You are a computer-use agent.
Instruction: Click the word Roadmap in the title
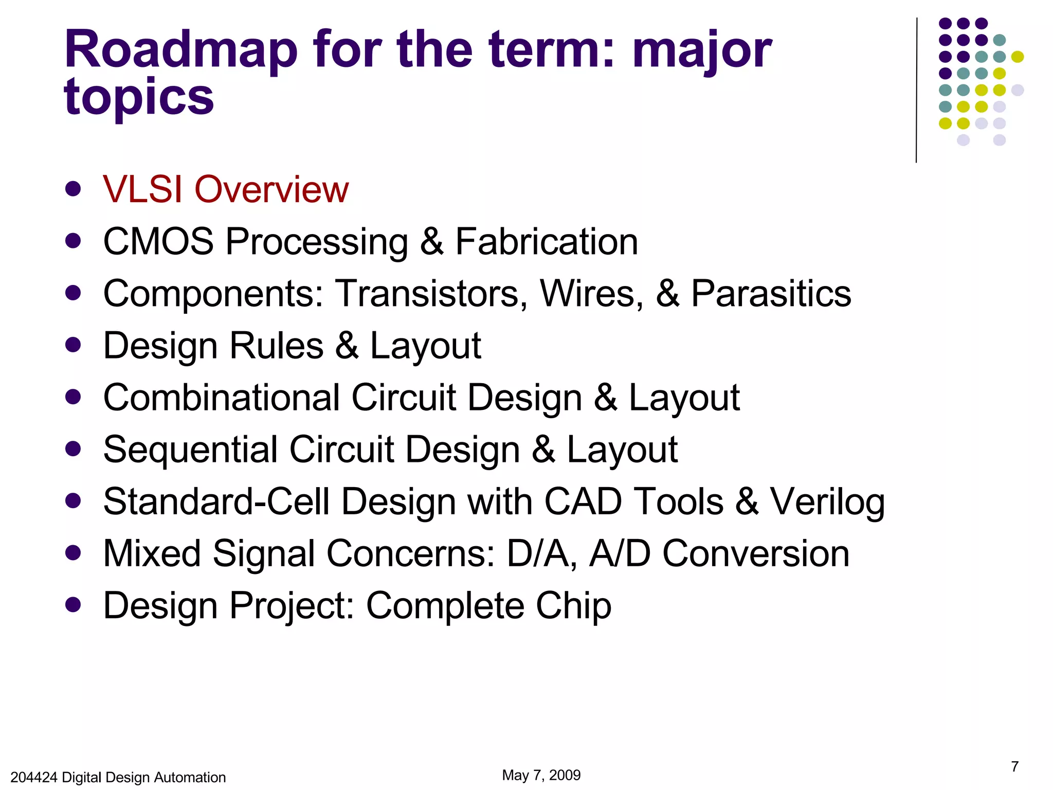tap(181, 50)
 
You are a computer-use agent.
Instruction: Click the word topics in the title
tap(139, 98)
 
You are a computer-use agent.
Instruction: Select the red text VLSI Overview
tap(225, 189)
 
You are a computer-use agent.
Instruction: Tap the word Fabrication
tap(547, 242)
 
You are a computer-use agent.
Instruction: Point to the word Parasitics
tap(771, 294)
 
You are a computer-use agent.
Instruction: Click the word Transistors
tap(431, 294)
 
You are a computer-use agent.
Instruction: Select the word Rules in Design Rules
tap(276, 346)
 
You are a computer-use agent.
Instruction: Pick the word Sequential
tap(190, 450)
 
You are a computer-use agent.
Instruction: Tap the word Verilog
tap(827, 502)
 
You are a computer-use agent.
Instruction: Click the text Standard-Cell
tap(216, 501)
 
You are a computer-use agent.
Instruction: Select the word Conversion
tap(755, 554)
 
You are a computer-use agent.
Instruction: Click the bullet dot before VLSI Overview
tap(73, 189)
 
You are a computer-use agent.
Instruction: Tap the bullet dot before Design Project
tap(73, 605)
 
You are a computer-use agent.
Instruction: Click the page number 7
tap(1014, 766)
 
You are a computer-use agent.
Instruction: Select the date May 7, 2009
tap(541, 775)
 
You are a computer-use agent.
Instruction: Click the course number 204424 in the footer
tap(33, 778)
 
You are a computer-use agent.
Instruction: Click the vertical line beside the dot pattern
tap(916, 90)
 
